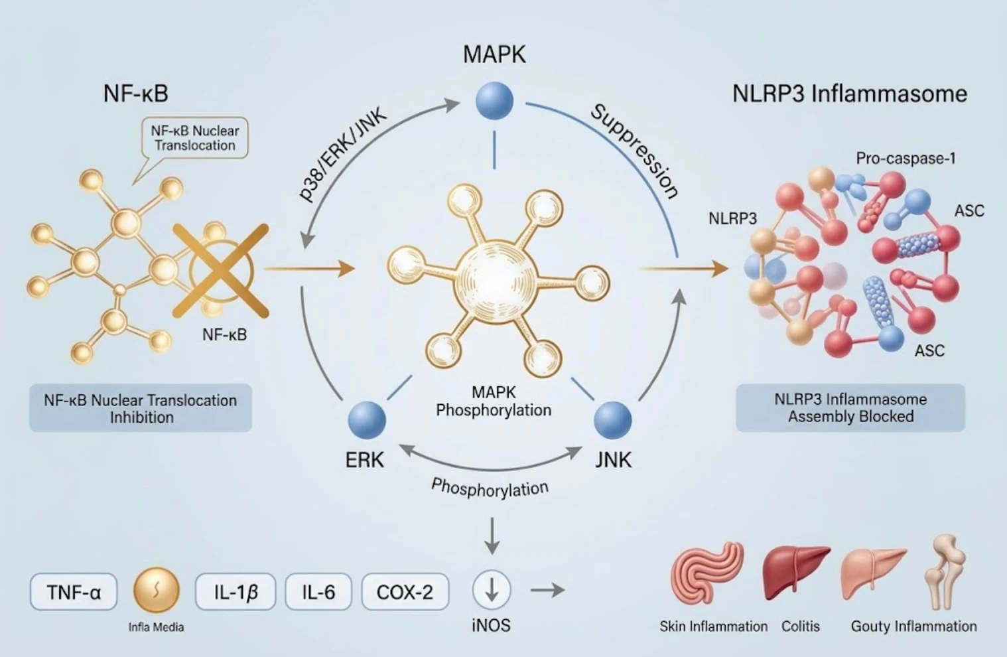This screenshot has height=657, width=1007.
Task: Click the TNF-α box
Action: [73, 592]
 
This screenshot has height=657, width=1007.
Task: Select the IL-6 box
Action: [318, 592]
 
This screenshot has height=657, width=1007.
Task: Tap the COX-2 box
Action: [405, 592]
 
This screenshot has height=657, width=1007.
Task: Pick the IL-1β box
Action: [235, 592]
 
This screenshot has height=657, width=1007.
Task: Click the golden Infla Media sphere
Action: [157, 590]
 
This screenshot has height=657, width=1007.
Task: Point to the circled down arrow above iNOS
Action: [492, 589]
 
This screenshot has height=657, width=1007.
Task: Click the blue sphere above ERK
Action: [367, 420]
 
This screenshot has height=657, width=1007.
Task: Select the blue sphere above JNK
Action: [613, 420]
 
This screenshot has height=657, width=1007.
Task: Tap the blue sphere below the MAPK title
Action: [494, 101]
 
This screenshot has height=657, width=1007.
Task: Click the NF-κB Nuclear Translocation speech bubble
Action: [194, 138]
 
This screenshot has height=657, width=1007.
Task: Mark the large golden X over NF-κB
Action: [221, 271]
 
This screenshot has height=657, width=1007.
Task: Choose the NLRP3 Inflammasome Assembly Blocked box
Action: [850, 408]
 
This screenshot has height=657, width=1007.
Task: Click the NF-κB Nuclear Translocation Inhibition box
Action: [141, 408]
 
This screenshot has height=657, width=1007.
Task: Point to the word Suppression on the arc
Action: [634, 151]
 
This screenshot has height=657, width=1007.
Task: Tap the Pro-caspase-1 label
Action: [906, 159]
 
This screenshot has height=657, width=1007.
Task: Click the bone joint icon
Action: [945, 571]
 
